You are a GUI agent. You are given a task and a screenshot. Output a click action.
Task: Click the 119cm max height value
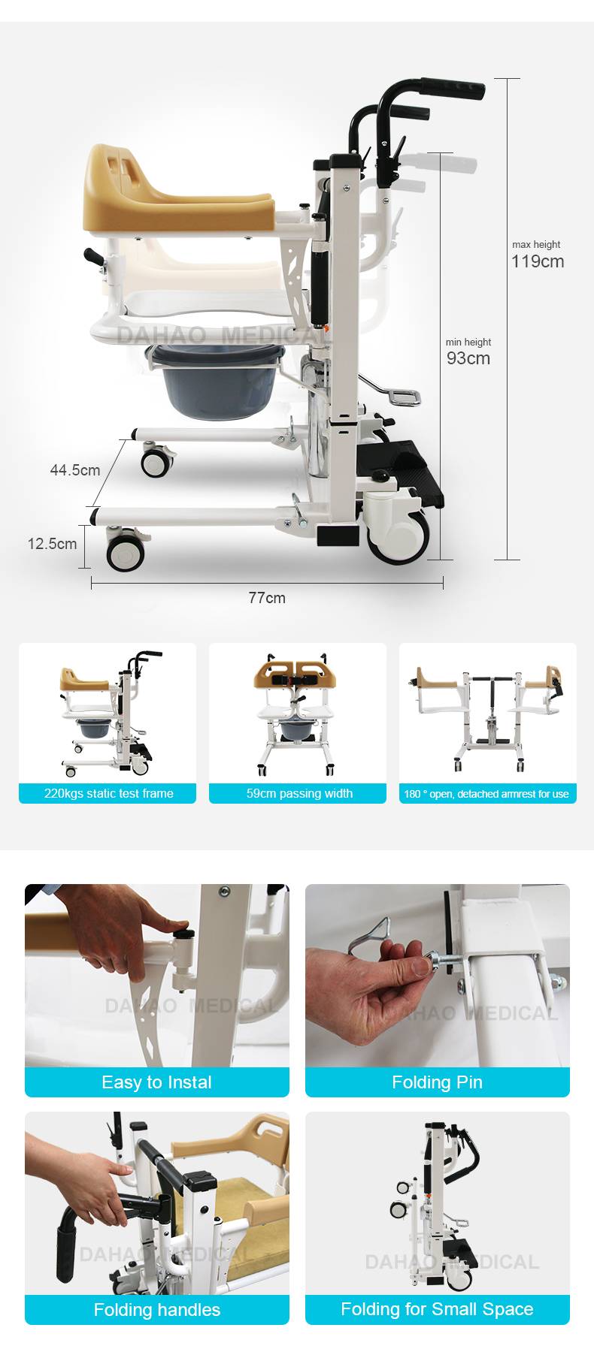[538, 261]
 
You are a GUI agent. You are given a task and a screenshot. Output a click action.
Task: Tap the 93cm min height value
[468, 358]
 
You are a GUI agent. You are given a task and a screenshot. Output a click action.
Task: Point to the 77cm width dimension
[267, 598]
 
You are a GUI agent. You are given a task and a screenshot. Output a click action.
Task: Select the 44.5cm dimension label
[74, 470]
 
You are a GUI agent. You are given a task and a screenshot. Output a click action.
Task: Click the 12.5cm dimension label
[52, 544]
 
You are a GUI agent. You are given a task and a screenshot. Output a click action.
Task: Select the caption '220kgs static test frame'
[108, 793]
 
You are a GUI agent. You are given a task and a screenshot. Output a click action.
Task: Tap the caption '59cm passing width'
[299, 793]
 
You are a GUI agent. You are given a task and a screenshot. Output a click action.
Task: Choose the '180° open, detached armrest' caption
[486, 794]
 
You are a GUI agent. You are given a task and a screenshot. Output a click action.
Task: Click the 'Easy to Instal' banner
[156, 1082]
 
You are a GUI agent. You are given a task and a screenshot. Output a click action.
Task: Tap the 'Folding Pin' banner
[437, 1082]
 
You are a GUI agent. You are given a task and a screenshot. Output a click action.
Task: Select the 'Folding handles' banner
[156, 1310]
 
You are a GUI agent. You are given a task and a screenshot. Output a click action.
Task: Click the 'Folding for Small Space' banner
[437, 1309]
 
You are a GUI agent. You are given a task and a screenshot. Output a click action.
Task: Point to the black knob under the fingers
[183, 934]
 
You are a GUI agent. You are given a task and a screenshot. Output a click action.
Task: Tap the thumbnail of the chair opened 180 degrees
[487, 714]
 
